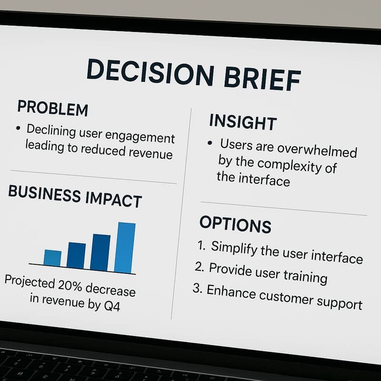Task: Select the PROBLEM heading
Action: (x=52, y=108)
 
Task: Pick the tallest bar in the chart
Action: (x=126, y=248)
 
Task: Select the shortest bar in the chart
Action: (x=52, y=258)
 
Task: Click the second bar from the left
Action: (x=77, y=255)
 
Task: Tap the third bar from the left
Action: (x=100, y=252)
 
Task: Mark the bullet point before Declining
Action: (x=18, y=128)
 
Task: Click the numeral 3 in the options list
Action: (x=197, y=289)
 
